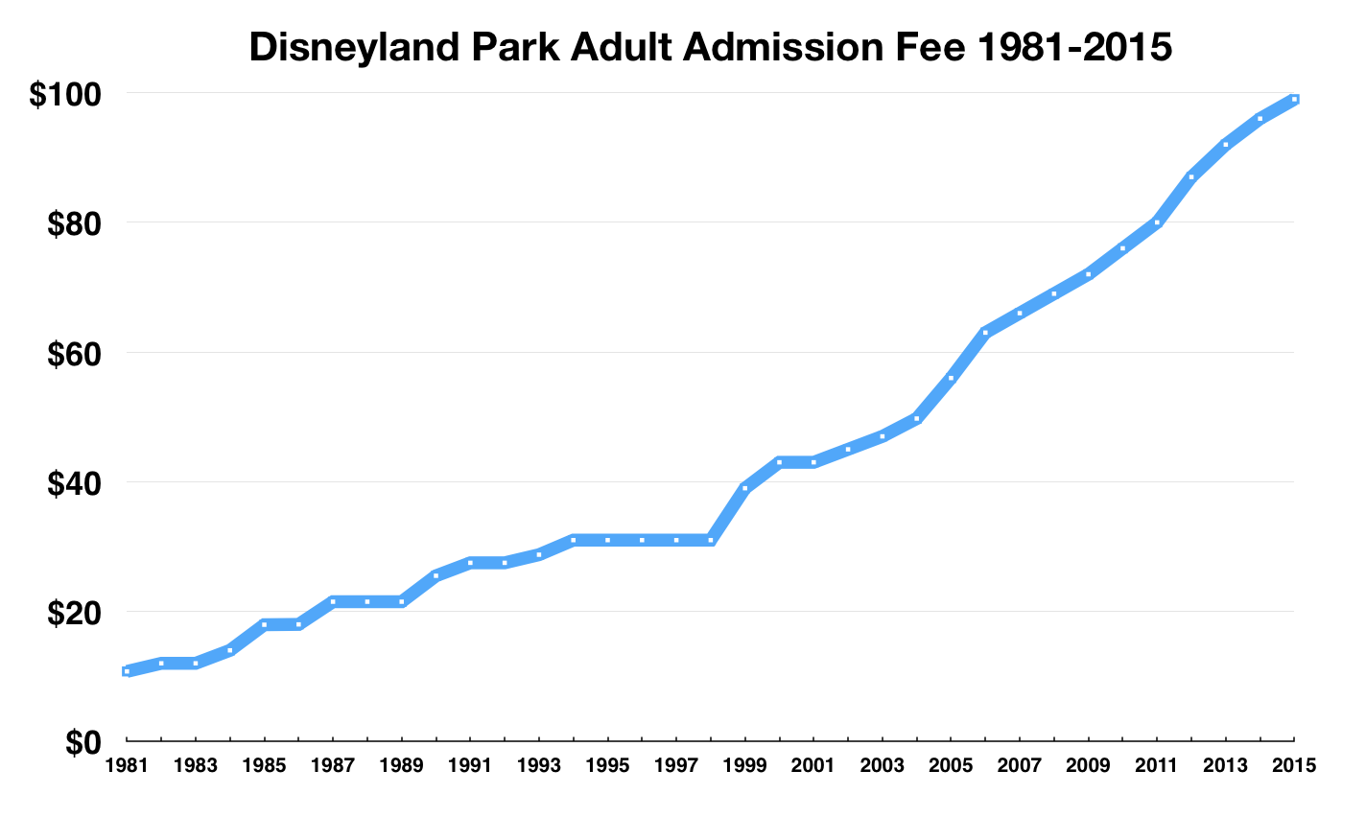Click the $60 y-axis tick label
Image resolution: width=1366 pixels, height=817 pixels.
coord(71,354)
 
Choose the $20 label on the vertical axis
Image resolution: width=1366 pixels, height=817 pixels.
coord(71,613)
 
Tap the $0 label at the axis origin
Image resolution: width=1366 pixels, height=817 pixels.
coord(83,742)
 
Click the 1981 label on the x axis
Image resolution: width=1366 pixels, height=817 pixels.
coord(127,765)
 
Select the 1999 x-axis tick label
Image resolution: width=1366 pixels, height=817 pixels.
coord(745,765)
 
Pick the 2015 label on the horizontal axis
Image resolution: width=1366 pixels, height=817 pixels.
coord(1294,765)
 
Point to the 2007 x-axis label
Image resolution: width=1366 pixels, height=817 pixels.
coord(1020,765)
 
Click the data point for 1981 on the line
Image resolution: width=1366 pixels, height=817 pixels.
coord(127,671)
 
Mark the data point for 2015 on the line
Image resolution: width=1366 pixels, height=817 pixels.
coord(1294,99)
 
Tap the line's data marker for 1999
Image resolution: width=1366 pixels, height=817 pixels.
coord(745,488)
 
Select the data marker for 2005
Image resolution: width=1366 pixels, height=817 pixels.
coord(951,378)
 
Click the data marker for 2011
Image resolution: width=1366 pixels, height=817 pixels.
coord(1157,222)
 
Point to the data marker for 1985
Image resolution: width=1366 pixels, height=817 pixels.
coord(264,624)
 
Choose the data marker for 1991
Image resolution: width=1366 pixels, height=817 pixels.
coord(470,563)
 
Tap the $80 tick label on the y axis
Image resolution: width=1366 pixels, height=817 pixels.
coord(71,224)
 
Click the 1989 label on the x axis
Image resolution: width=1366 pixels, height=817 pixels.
coord(401,765)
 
